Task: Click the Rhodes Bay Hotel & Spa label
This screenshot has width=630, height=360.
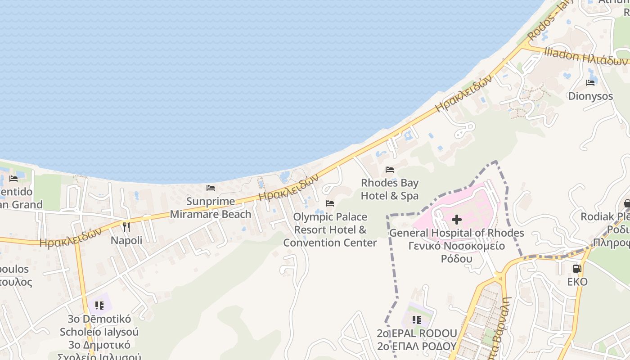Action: pyautogui.click(x=390, y=189)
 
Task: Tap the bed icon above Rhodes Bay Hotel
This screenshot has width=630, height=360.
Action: pyautogui.click(x=390, y=170)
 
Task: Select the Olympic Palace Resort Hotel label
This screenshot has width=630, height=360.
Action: pyautogui.click(x=330, y=229)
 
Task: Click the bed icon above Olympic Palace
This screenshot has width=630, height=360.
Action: pyautogui.click(x=330, y=203)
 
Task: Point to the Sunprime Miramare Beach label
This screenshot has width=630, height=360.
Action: pyautogui.click(x=211, y=207)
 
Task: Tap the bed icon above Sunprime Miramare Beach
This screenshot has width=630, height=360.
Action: pyautogui.click(x=211, y=188)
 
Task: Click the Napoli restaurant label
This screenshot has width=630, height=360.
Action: pyautogui.click(x=126, y=240)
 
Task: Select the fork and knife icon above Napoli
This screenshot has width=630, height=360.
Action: pyautogui.click(x=126, y=227)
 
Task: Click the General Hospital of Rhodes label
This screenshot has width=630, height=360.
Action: pyautogui.click(x=456, y=233)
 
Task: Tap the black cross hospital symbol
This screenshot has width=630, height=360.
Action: pyautogui.click(x=456, y=220)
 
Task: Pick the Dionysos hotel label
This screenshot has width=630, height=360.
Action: pyautogui.click(x=590, y=96)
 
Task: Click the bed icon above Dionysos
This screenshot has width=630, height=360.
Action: pyautogui.click(x=590, y=83)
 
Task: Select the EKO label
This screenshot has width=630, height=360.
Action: pyautogui.click(x=577, y=282)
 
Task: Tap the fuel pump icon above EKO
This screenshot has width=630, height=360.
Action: pyautogui.click(x=577, y=269)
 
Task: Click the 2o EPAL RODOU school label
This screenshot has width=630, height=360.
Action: pyautogui.click(x=417, y=333)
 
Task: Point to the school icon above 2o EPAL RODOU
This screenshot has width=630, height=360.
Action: pyautogui.click(x=417, y=320)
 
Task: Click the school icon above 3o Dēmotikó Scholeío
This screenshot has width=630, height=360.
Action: pyautogui.click(x=99, y=306)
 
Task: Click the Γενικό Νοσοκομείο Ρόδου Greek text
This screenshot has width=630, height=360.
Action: pyautogui.click(x=456, y=252)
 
